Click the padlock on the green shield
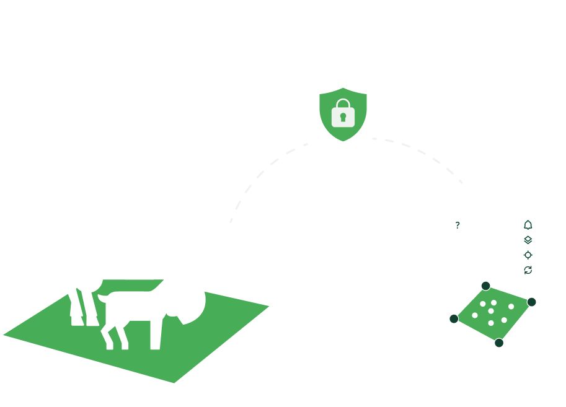[342, 115]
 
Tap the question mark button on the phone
[458, 225]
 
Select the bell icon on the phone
[528, 225]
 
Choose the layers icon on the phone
[528, 240]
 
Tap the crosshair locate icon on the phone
[528, 255]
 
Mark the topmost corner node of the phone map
[485, 286]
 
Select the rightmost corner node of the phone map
[531, 302]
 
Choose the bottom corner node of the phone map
[499, 343]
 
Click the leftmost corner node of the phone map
[454, 318]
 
